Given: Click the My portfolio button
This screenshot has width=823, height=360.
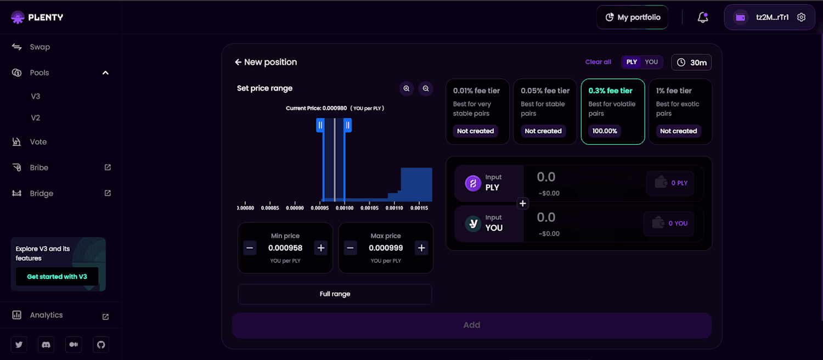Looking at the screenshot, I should (633, 18).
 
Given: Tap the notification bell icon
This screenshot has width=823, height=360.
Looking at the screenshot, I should (702, 18).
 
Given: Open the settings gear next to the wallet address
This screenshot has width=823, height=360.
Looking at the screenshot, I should (801, 18).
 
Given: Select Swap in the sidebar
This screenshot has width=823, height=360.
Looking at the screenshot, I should (40, 47).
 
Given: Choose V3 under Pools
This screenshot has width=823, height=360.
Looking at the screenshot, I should (36, 96).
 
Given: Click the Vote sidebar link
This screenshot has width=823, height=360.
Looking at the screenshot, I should (38, 142).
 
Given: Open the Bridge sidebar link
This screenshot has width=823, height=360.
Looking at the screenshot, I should (41, 193).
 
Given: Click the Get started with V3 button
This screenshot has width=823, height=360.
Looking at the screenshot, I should (57, 277).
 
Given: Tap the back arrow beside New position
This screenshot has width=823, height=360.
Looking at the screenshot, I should (238, 63).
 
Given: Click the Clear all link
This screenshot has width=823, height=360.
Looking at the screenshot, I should (598, 62).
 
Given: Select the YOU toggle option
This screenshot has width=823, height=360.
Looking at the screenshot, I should (651, 62).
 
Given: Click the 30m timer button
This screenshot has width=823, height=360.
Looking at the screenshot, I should (691, 63).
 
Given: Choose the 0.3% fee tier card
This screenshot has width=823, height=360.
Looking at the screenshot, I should (612, 111).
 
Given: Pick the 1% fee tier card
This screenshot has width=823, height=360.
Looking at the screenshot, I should (680, 111).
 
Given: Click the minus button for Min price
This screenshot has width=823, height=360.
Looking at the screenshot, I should (250, 248).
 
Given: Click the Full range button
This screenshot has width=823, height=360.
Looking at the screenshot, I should (335, 294).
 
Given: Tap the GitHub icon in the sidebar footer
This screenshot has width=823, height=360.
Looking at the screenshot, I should (100, 345).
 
